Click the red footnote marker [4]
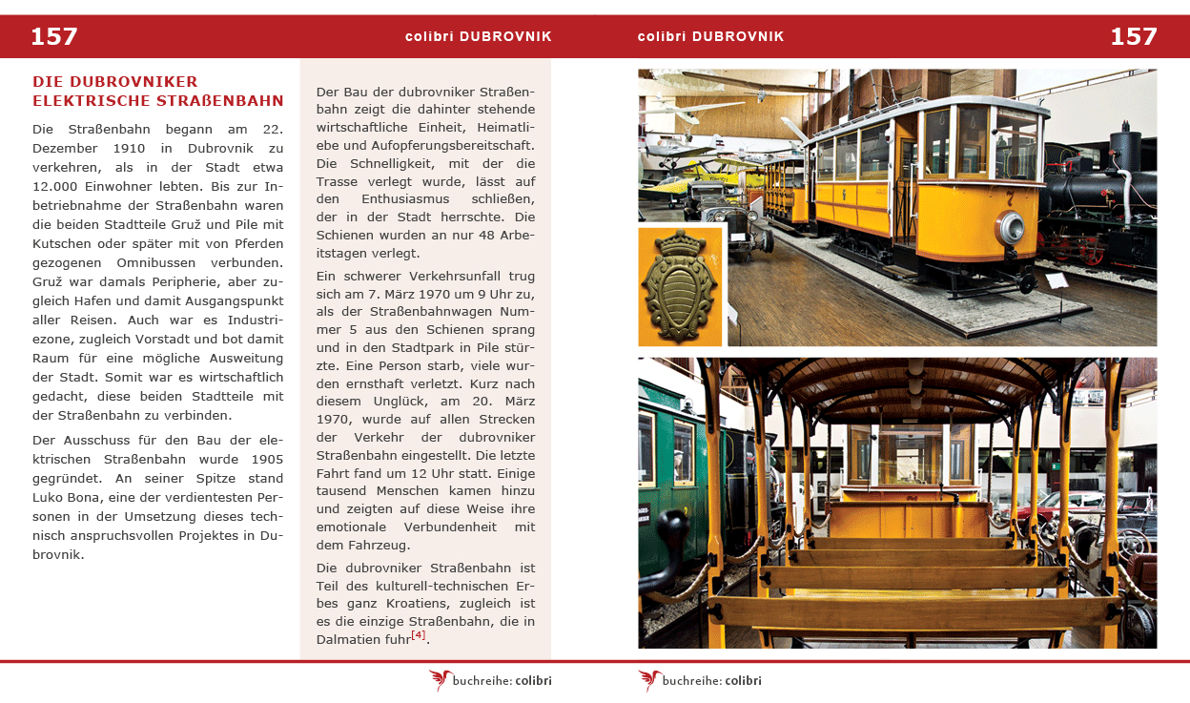(x=418, y=635)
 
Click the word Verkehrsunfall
(x=438, y=276)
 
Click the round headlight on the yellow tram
(x=1009, y=229)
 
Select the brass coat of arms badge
(x=680, y=285)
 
